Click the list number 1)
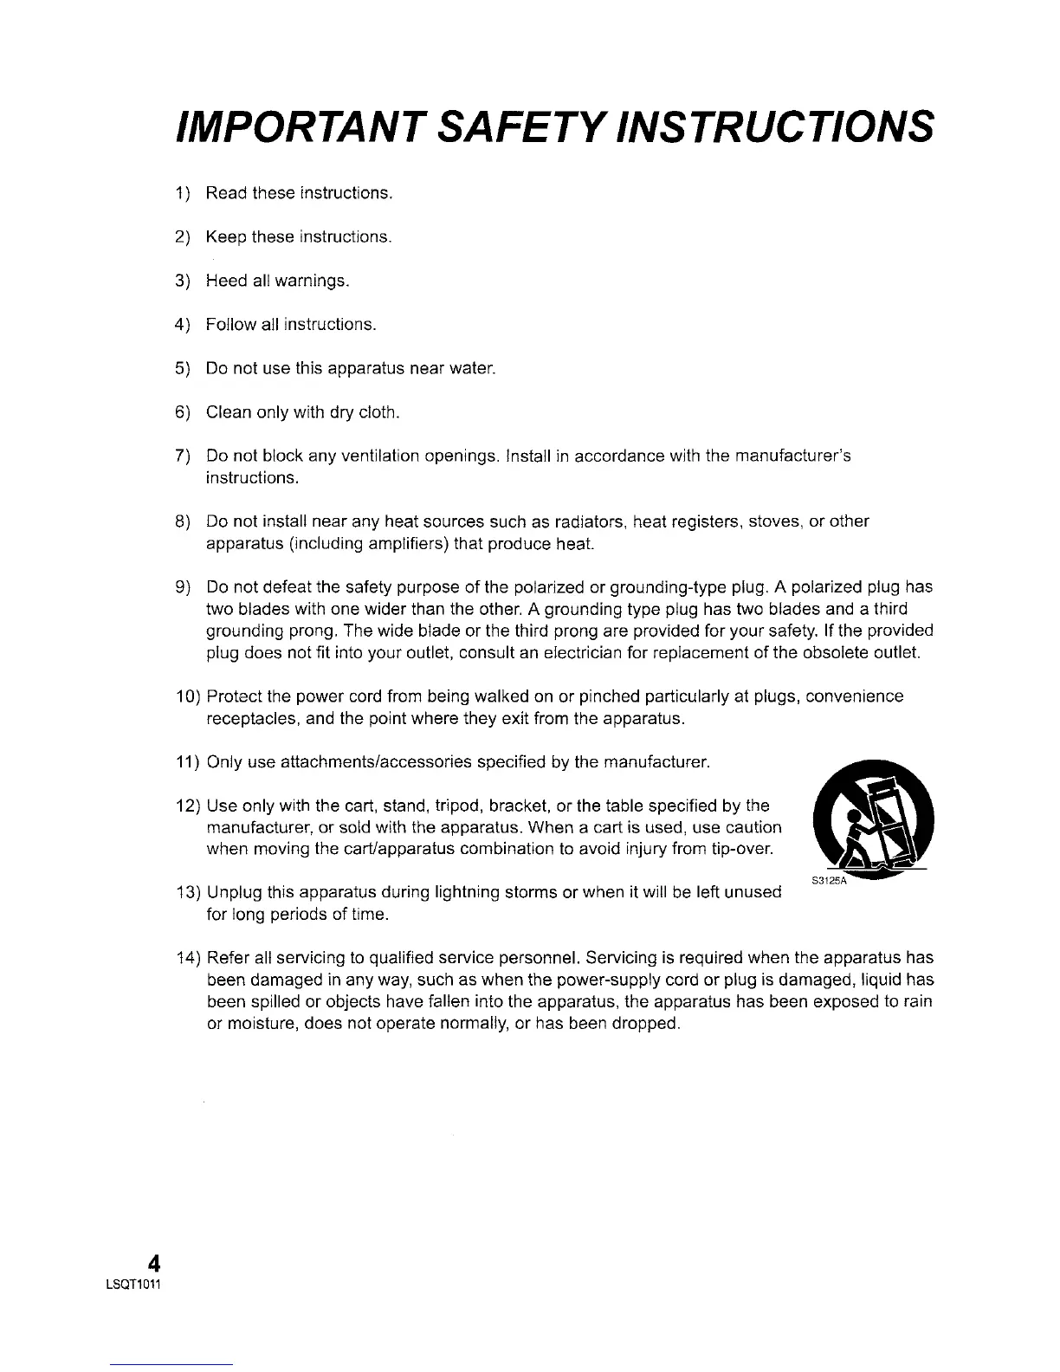point(182,192)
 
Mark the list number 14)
point(188,958)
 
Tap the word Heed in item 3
point(226,282)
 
